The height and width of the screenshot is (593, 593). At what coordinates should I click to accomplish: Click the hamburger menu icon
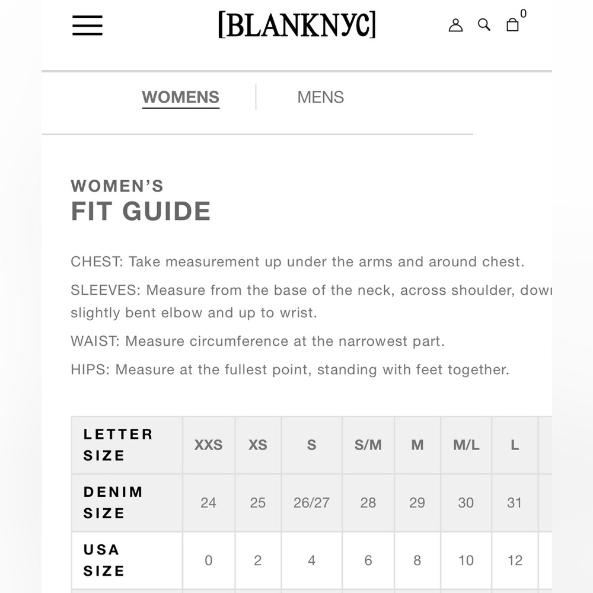[x=87, y=25]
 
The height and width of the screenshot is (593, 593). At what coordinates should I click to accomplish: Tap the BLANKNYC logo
[x=296, y=25]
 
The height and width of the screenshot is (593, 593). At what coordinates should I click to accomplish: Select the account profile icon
[x=455, y=25]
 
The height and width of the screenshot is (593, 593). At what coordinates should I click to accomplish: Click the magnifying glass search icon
[x=484, y=25]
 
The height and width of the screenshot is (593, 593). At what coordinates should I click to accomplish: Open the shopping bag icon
[x=513, y=24]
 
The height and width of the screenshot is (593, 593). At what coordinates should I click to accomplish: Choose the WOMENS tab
[x=180, y=97]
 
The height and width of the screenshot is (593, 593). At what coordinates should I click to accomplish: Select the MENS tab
[x=320, y=97]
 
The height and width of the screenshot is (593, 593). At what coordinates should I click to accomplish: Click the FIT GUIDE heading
[x=141, y=212]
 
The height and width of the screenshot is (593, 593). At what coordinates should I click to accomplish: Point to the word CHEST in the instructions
[x=97, y=262]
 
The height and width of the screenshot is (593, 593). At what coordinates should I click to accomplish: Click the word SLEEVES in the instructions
[x=105, y=291]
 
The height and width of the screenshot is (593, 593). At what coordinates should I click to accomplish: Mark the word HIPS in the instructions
[x=89, y=370]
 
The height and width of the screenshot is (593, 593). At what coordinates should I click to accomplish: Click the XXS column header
[x=208, y=445]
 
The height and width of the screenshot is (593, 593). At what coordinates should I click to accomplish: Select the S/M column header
[x=368, y=445]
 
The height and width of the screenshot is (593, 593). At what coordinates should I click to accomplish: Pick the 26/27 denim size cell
[x=311, y=503]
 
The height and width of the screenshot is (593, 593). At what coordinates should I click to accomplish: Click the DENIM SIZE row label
[x=113, y=502]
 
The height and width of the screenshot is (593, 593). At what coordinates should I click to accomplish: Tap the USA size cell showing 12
[x=515, y=560]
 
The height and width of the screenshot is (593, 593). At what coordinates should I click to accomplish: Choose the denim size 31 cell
[x=514, y=503]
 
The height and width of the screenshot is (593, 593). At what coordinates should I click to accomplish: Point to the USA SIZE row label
[x=103, y=560]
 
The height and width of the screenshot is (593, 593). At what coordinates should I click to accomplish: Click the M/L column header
[x=466, y=445]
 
